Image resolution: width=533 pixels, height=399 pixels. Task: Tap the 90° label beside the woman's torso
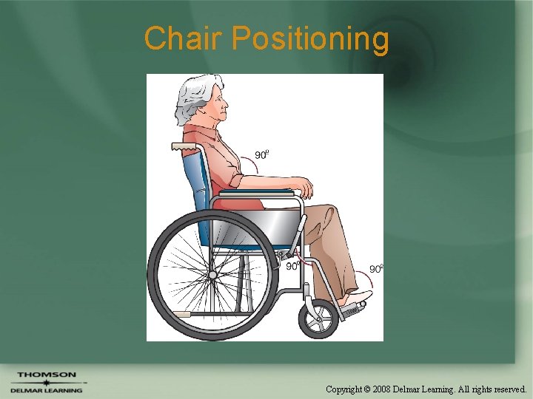pos(261,154)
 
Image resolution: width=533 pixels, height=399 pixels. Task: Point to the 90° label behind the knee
pos(292,265)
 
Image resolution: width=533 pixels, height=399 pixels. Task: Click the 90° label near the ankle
pos(376,269)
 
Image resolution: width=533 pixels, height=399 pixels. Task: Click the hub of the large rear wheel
pos(212,275)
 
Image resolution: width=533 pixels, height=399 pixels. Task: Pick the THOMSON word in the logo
pos(46,375)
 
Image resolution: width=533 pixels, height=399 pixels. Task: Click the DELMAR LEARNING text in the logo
pos(46,390)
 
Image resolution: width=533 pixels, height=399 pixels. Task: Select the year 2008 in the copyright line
pos(382,388)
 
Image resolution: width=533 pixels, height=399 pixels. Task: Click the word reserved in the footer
pos(506,388)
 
